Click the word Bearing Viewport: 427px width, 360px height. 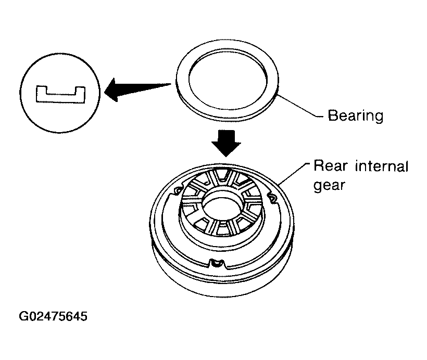[355, 115]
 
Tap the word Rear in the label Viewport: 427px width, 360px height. [331, 165]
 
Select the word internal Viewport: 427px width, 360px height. [382, 166]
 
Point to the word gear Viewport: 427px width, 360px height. [329, 186]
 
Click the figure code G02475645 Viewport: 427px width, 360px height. [53, 316]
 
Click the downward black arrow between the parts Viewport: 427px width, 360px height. [226, 144]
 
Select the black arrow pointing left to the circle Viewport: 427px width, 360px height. [137, 89]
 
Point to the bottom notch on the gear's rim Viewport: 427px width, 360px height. [217, 264]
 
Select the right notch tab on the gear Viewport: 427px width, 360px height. [272, 198]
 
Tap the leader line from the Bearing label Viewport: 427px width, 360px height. [299, 106]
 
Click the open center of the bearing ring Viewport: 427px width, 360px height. [228, 80]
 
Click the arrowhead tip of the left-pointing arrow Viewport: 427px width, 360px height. [105, 91]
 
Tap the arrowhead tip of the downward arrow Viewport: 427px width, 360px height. [226, 157]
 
